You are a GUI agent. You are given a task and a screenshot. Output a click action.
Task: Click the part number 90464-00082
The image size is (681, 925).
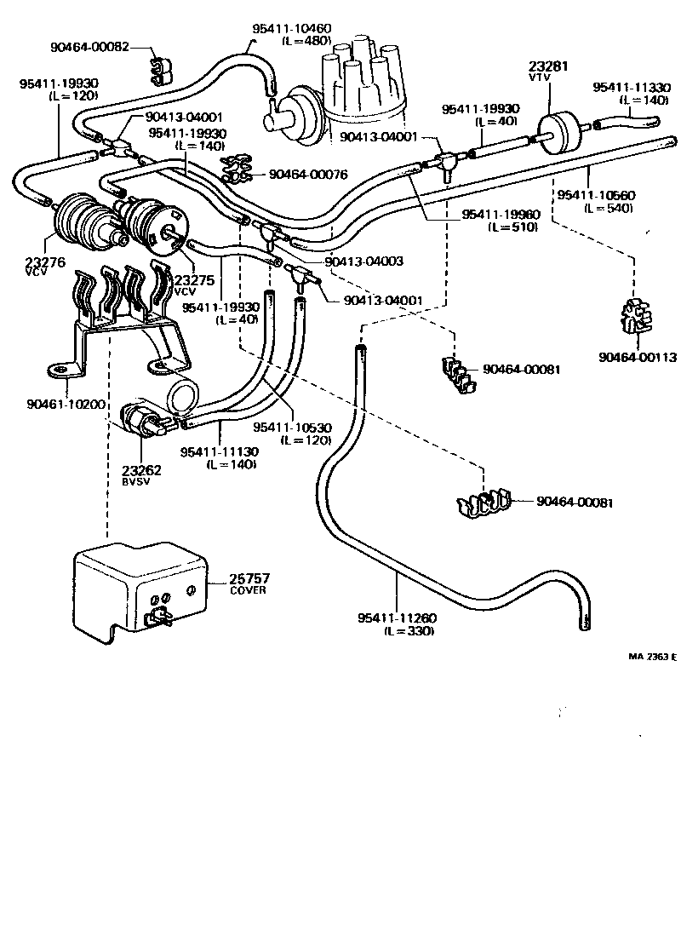click(89, 46)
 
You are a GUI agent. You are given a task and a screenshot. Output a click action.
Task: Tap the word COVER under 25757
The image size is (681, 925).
click(248, 590)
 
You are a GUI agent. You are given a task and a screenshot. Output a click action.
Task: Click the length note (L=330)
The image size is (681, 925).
click(409, 631)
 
